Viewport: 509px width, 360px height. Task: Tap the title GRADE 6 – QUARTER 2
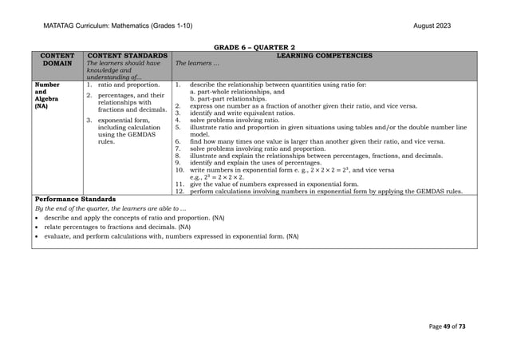coord(254,49)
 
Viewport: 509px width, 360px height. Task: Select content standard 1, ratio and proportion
coord(127,84)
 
